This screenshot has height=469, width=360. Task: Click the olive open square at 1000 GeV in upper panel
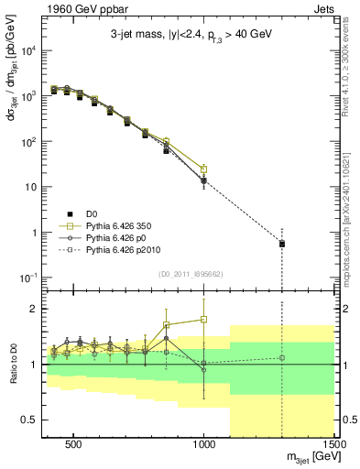click(x=204, y=169)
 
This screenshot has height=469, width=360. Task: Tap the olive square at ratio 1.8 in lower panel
click(x=204, y=320)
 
